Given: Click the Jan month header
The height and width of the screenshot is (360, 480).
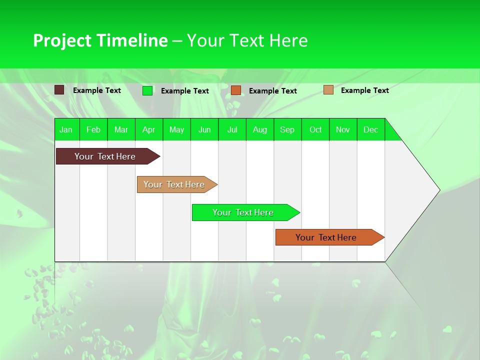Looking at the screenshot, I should [66, 129].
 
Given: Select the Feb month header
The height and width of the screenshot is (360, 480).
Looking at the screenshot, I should [93, 129].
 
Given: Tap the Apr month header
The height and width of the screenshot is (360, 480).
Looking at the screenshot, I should [149, 129].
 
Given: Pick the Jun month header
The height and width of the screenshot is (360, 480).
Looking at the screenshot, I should [204, 129].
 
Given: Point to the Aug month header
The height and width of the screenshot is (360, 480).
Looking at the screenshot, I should [260, 129].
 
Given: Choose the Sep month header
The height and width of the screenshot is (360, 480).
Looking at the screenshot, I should [287, 129].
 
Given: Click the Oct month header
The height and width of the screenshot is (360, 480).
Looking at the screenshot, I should [315, 129].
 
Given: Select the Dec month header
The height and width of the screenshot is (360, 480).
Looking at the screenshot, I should [371, 129].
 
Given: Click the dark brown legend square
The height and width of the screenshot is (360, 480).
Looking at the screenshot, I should [59, 90].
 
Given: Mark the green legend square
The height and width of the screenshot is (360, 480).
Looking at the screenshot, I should [147, 90].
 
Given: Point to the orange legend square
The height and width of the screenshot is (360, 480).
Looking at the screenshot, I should [236, 90].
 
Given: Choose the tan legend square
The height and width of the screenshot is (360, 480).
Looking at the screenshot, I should [328, 90].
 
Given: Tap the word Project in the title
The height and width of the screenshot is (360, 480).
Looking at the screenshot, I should [62, 40].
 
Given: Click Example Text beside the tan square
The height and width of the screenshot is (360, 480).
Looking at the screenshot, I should [364, 90].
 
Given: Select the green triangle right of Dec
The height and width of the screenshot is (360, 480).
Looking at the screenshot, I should [391, 133].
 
